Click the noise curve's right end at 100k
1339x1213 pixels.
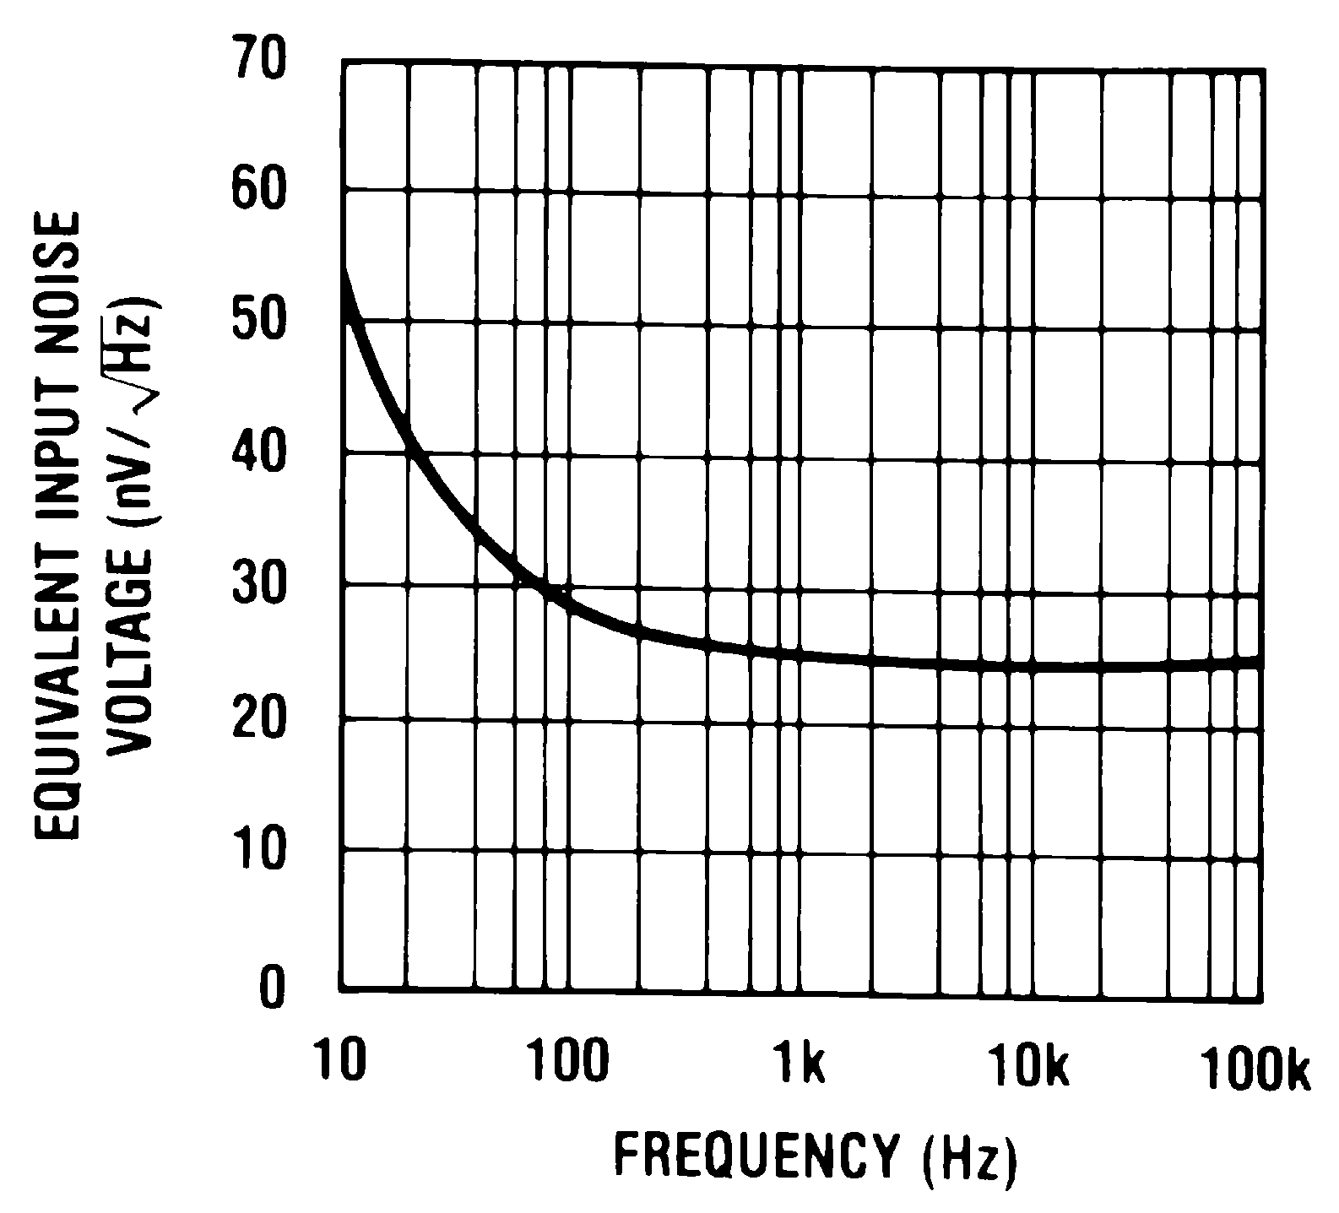click(x=1260, y=662)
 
